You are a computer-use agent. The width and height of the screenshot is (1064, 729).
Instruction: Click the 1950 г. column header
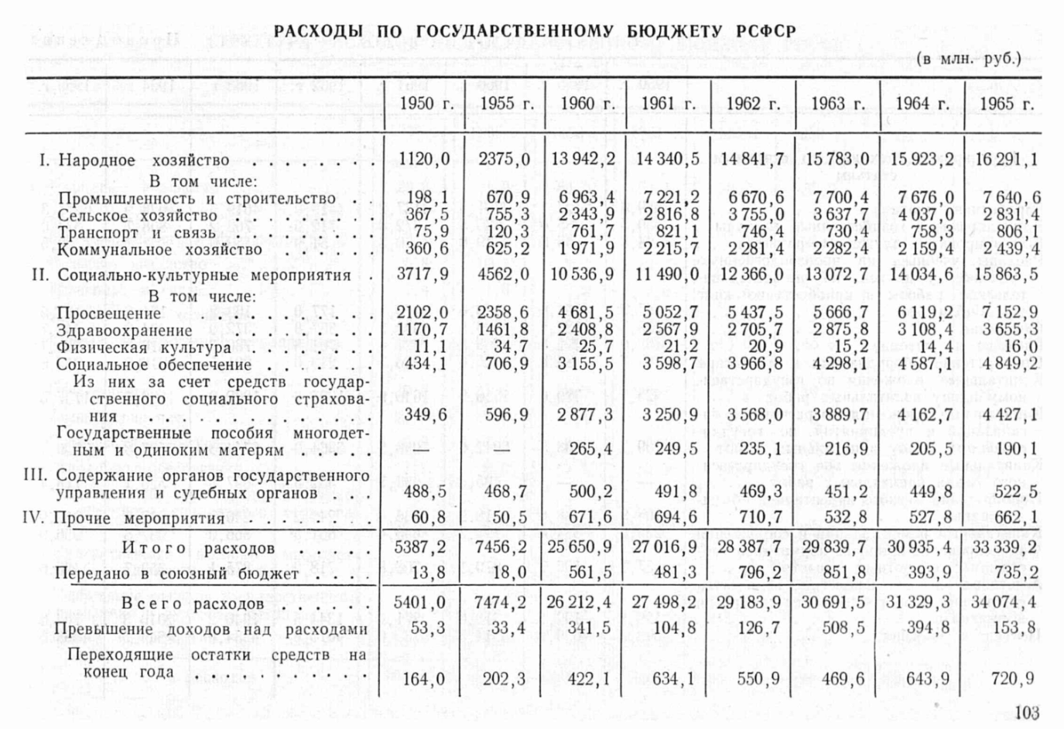pyautogui.click(x=425, y=104)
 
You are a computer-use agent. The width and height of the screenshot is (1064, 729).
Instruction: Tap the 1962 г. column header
pyautogui.click(x=752, y=104)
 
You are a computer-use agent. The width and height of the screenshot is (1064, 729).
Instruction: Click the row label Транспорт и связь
pyautogui.click(x=120, y=233)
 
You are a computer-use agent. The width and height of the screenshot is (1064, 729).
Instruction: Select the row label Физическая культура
pyautogui.click(x=133, y=347)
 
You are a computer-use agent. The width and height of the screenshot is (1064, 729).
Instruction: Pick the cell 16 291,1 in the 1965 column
pyautogui.click(x=1005, y=160)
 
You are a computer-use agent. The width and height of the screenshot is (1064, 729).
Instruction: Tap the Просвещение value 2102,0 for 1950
pyautogui.click(x=424, y=313)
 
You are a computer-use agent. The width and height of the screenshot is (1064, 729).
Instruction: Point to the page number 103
pyautogui.click(x=1026, y=713)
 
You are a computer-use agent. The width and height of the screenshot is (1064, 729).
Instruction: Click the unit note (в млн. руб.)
pyautogui.click(x=969, y=59)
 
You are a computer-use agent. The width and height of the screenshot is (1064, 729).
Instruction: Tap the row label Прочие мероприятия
pyautogui.click(x=139, y=518)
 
